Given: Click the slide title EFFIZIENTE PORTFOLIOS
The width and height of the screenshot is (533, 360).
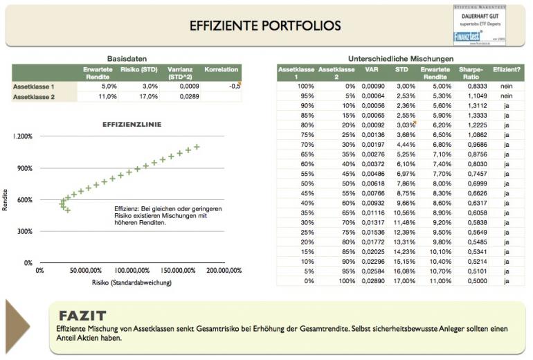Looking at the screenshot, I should point(266,26).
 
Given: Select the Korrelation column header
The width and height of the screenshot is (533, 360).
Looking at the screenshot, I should point(222,69).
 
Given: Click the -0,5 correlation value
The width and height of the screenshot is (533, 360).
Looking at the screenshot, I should point(234,87).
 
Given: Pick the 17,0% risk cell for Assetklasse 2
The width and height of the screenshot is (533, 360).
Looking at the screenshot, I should point(150,97).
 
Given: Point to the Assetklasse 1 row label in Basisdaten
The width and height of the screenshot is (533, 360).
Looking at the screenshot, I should point(34,87).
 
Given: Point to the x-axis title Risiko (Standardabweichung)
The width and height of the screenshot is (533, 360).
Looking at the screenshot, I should point(132,282).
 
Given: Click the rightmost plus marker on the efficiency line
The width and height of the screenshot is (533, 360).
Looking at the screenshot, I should point(197,147).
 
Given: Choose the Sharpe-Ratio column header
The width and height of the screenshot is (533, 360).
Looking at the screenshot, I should point(473,73).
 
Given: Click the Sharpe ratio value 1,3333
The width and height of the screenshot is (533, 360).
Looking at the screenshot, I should point(473,115).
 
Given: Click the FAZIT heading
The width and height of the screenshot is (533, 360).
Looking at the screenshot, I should point(82,315).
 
